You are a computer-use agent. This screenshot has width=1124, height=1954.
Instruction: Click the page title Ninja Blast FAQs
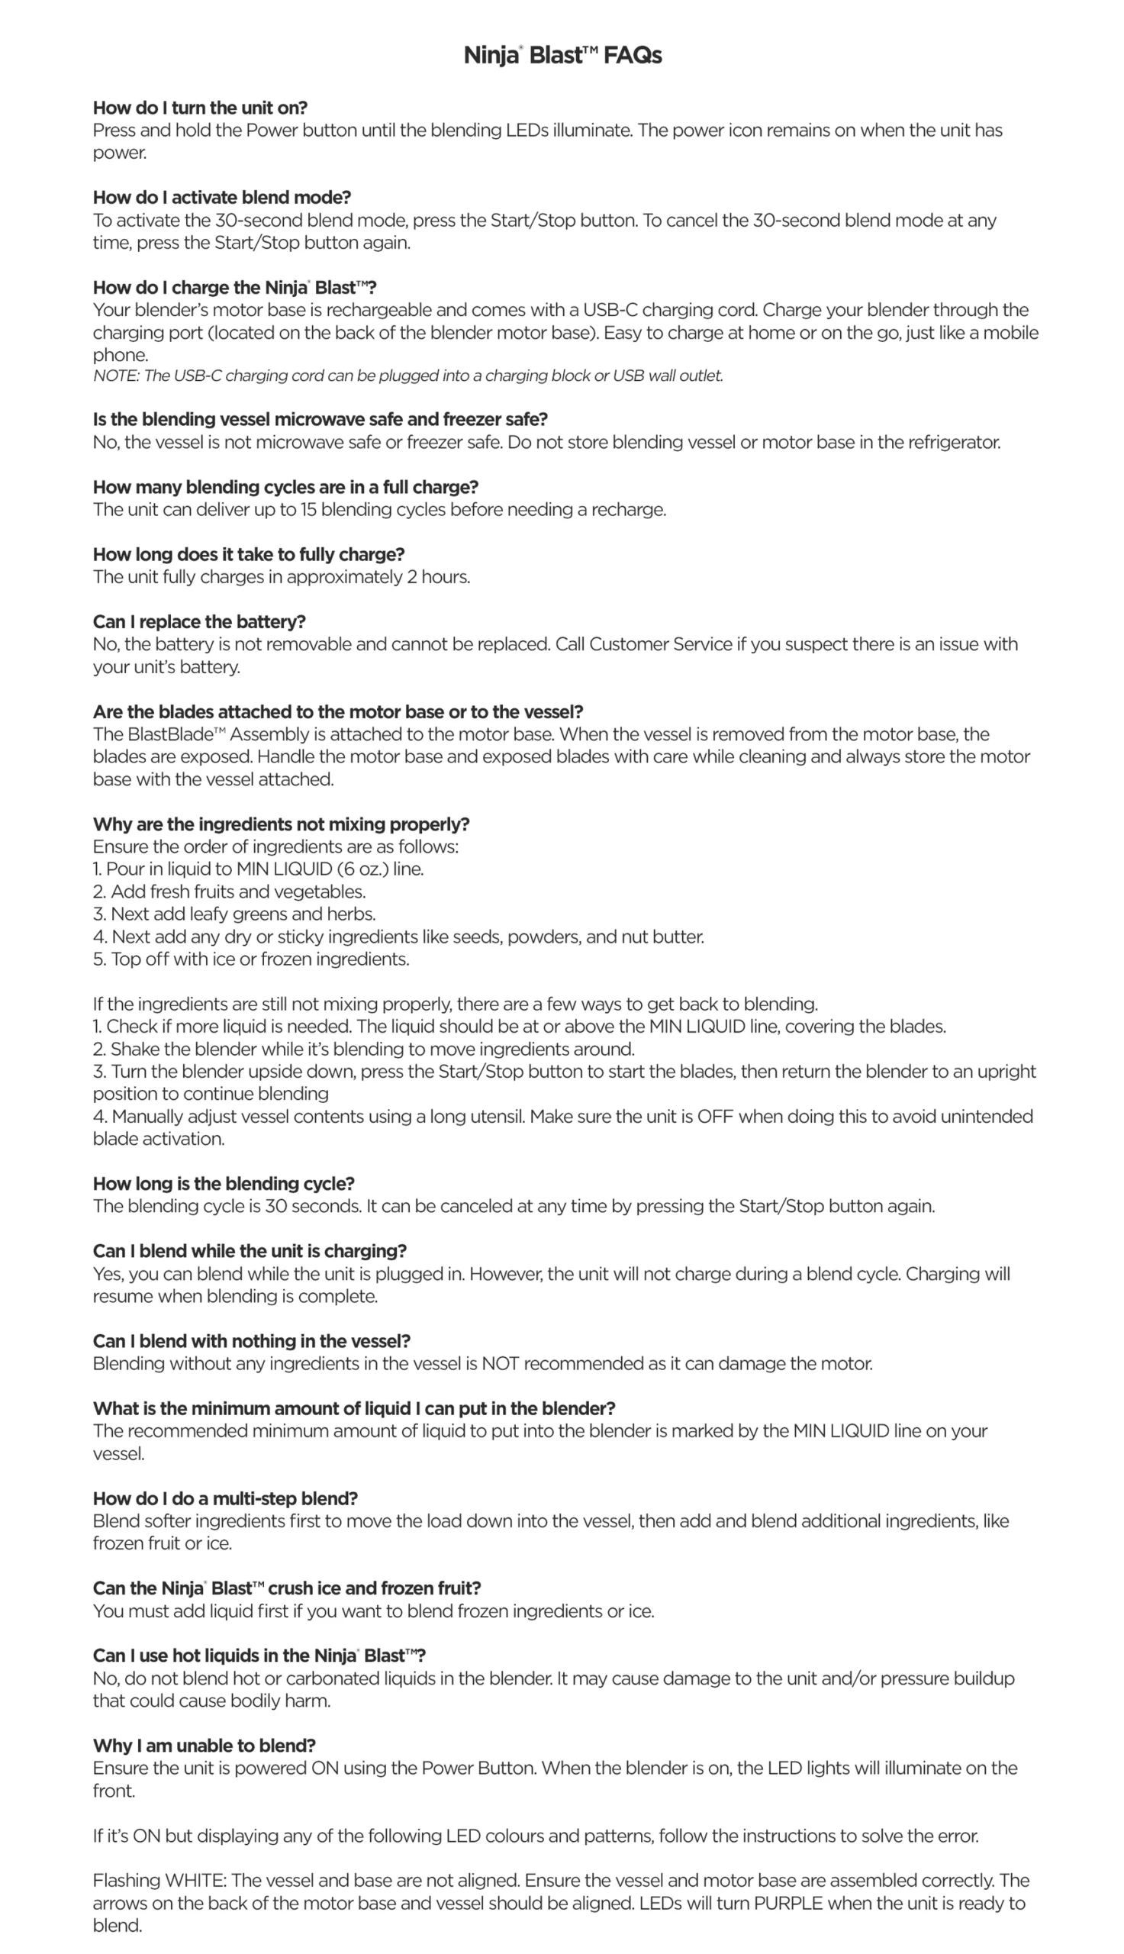pos(562,56)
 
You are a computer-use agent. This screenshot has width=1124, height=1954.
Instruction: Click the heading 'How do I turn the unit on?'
pos(200,108)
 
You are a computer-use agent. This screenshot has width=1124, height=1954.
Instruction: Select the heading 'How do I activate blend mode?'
pos(221,198)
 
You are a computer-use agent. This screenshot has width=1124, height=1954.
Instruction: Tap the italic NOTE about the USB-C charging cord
pos(407,376)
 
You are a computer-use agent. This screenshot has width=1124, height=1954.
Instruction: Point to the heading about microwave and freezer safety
pos(320,419)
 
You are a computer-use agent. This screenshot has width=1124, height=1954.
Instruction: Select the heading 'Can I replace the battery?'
pos(199,621)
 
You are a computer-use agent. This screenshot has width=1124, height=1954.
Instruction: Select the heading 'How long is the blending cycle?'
pos(223,1184)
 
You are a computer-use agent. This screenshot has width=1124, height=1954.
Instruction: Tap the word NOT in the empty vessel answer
pos(501,1363)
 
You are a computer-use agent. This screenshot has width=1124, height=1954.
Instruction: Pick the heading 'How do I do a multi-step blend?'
pos(225,1498)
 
